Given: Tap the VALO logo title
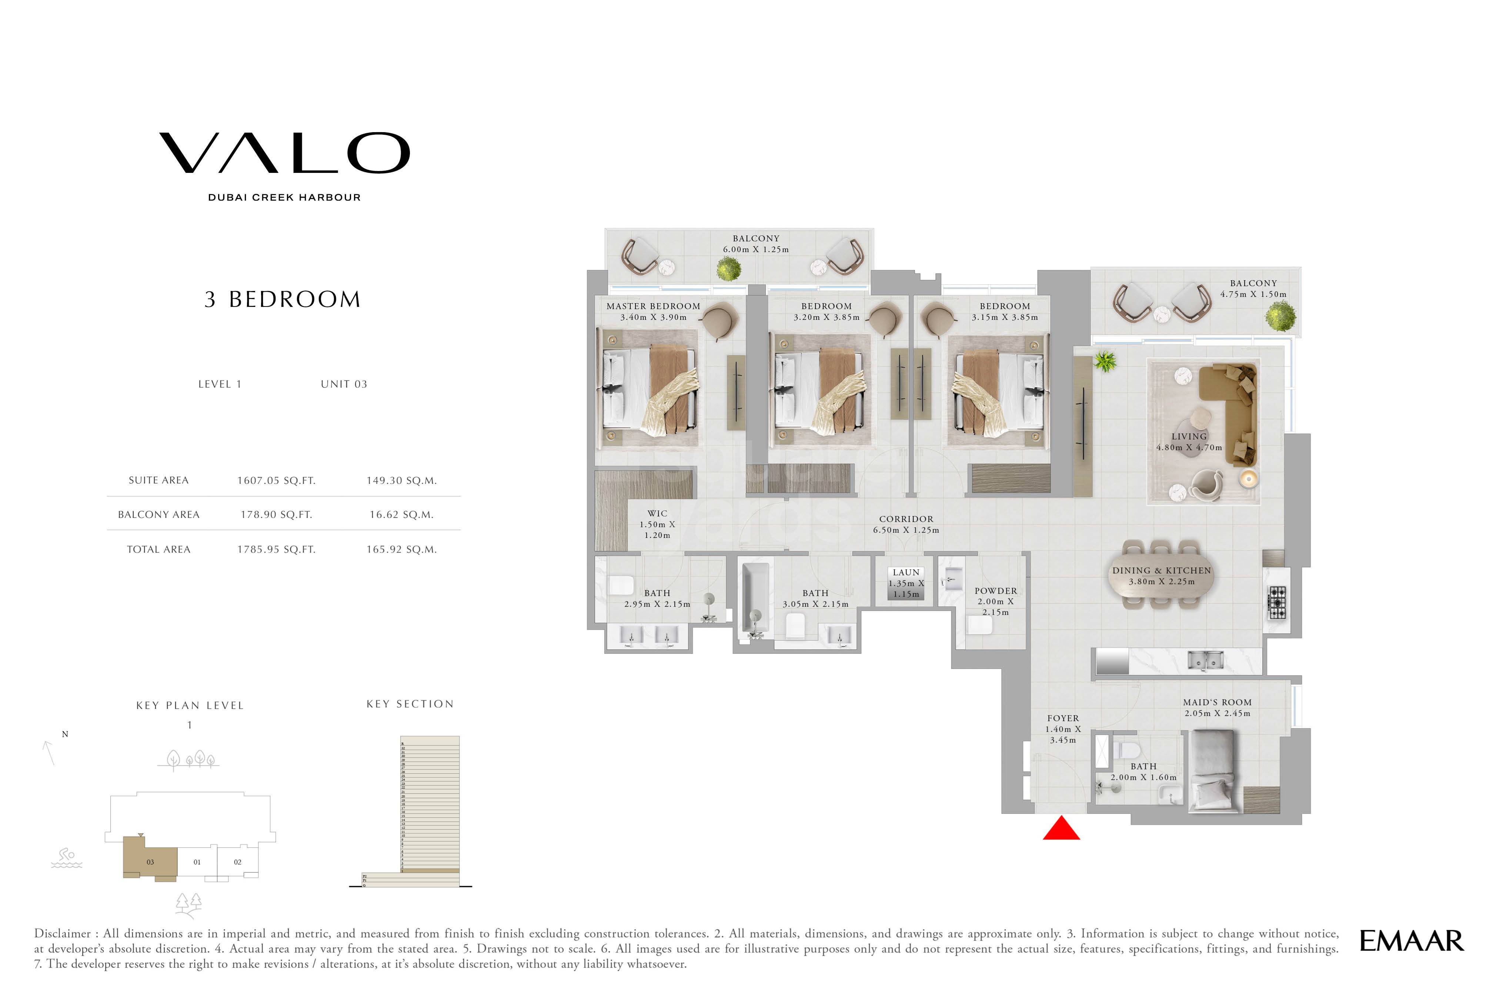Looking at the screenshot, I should [x=284, y=153].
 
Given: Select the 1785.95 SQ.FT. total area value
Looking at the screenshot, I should [x=276, y=549].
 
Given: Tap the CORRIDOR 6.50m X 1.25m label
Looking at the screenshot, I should [x=906, y=525].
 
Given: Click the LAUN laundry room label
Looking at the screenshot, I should [x=906, y=572].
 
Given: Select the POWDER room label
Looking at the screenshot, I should [x=996, y=591].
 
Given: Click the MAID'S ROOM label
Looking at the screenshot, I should [x=1217, y=702].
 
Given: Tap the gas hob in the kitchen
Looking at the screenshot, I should [x=1277, y=603].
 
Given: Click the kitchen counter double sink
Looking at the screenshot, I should [x=1205, y=661].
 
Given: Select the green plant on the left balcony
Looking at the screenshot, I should [x=728, y=269].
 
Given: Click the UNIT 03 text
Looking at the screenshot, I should [x=344, y=384].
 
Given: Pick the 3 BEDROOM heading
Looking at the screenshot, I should [x=283, y=299].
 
